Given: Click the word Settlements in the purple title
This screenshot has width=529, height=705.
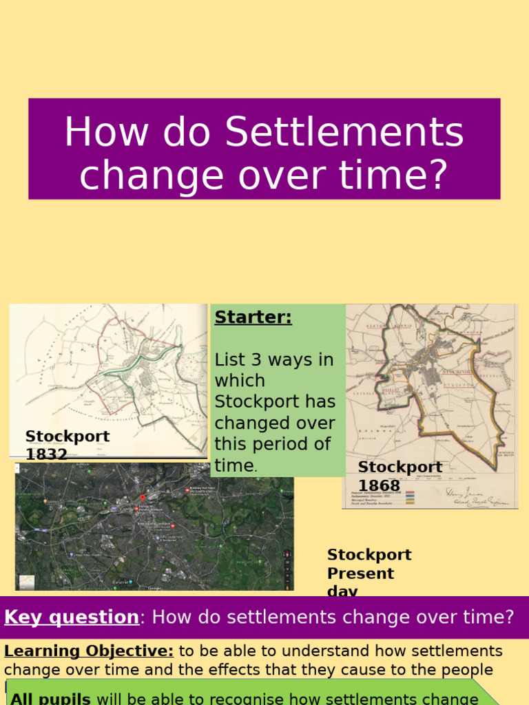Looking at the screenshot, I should click(344, 132).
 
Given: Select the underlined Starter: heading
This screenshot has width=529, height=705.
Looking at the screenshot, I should click(253, 317).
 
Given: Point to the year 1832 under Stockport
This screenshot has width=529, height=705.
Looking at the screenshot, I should click(46, 454).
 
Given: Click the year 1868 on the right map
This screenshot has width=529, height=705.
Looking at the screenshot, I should click(379, 485).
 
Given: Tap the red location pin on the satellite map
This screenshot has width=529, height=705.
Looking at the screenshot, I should click(143, 498).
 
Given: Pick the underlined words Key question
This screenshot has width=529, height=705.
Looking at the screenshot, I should click(72, 617).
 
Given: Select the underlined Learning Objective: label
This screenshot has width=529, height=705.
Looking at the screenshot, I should click(89, 651).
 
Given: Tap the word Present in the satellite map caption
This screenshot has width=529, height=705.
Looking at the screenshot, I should click(360, 574).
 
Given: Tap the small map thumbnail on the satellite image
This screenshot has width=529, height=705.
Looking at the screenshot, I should click(26, 582).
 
